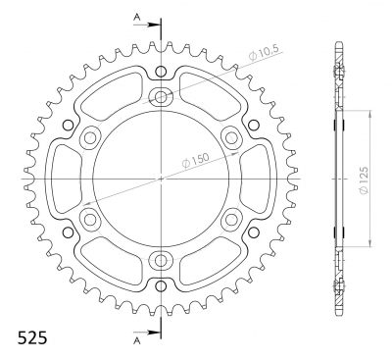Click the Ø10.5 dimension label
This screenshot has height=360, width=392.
pyautogui.click(x=264, y=54)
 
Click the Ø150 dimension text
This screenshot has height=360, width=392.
pyautogui.click(x=195, y=160)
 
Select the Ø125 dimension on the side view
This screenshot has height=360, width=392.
pyautogui.click(x=364, y=180)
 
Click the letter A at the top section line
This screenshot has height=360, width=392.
pyautogui.click(x=137, y=18)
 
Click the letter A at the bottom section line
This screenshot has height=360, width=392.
pyautogui.click(x=137, y=341)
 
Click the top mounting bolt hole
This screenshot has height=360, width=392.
pyautogui.click(x=161, y=96)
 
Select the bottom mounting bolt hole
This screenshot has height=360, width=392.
pyautogui.click(x=161, y=261)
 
